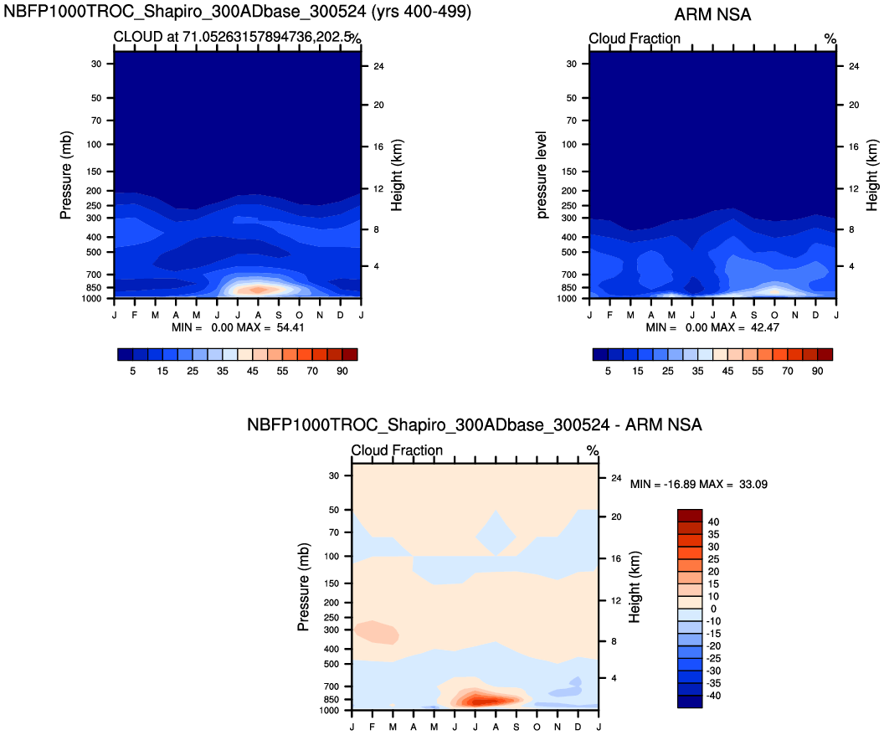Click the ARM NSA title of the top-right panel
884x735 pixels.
pyautogui.click(x=712, y=14)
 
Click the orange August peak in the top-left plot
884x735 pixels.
pyautogui.click(x=258, y=289)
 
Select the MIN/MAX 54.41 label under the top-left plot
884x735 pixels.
pyautogui.click(x=238, y=327)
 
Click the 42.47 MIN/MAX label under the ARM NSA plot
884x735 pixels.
pyautogui.click(x=713, y=327)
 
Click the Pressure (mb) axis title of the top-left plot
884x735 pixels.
pyautogui.click(x=66, y=175)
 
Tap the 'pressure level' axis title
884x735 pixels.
pyautogui.click(x=542, y=175)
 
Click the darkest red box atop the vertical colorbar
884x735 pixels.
pyautogui.click(x=689, y=515)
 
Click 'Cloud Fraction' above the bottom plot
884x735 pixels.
pyautogui.click(x=397, y=450)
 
